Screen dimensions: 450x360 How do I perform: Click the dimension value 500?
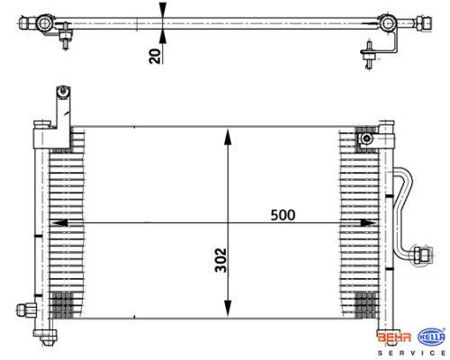point(283,215)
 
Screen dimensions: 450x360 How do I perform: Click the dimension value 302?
point(221,260)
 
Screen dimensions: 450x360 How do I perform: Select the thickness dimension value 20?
point(155,56)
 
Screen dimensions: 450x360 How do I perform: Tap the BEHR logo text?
point(394,337)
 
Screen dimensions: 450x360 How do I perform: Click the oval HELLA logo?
point(432,337)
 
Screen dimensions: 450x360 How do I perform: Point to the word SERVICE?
point(411,353)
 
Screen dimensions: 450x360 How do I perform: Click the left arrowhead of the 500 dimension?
point(59,223)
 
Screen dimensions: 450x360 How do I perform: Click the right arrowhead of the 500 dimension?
point(368,223)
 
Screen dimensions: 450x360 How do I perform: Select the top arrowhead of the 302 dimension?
point(228,136)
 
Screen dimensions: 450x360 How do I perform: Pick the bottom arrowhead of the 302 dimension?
point(228,309)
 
